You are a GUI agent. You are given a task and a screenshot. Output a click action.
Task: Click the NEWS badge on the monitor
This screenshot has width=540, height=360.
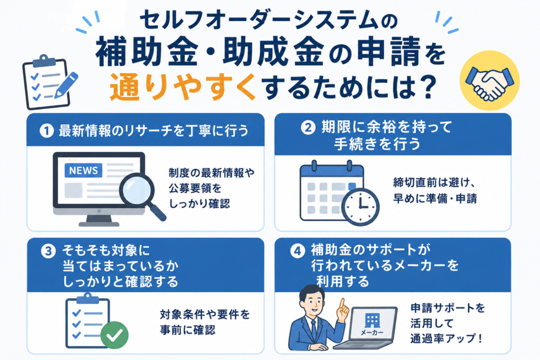click(x=83, y=170)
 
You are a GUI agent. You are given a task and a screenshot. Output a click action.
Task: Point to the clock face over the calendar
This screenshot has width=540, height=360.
click(x=360, y=207)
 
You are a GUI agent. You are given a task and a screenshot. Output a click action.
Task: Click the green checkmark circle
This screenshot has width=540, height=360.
click(x=114, y=335)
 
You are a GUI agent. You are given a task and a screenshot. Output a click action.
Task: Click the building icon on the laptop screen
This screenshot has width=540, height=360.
click(x=372, y=320)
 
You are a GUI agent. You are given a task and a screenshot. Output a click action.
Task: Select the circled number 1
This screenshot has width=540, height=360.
click(x=46, y=131)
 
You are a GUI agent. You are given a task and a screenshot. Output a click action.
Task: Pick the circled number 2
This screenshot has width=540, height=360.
click(x=308, y=128)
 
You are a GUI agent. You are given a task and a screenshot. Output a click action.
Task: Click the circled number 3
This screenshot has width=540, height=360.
click(x=48, y=251)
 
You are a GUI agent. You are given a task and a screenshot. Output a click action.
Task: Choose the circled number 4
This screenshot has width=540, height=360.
click(x=297, y=251)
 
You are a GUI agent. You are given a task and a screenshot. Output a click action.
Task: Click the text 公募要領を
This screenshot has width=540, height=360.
click(x=195, y=188)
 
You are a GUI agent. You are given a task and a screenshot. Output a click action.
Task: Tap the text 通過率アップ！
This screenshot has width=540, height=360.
click(x=446, y=338)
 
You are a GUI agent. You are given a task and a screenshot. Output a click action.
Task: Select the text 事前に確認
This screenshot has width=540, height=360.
click(x=188, y=330)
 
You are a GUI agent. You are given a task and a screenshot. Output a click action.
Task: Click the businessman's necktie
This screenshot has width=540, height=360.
click(x=313, y=329)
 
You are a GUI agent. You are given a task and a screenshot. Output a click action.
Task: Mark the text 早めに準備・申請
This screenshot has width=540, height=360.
click(x=435, y=199)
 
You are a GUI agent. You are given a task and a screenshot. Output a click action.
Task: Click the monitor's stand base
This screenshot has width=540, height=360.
click(x=99, y=223)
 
